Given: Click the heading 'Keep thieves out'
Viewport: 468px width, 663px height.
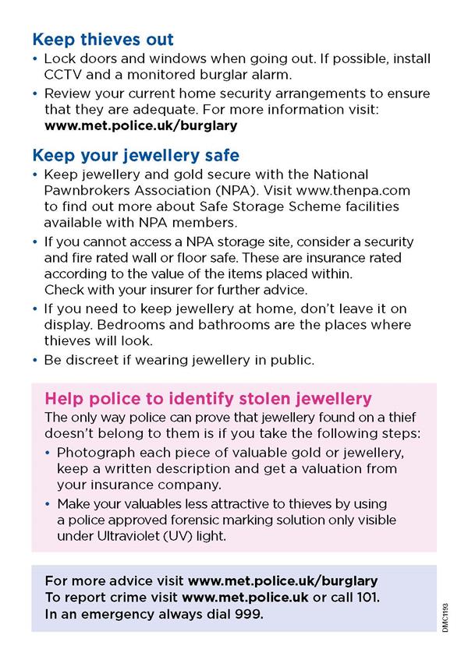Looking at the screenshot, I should [x=103, y=39].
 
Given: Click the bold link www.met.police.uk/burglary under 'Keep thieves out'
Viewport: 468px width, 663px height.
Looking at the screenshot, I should [x=140, y=125].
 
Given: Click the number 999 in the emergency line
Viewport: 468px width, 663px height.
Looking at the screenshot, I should [x=250, y=614].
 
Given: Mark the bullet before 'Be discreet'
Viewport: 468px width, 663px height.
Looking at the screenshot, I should [x=36, y=360].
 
